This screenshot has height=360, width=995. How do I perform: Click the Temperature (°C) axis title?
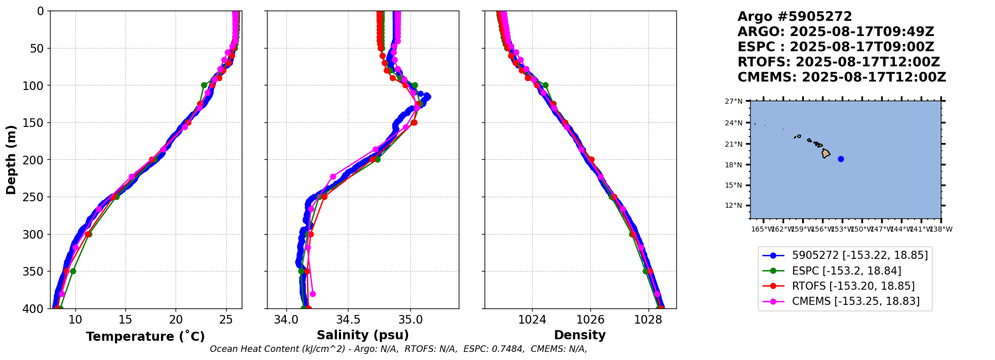pyautogui.click(x=145, y=337)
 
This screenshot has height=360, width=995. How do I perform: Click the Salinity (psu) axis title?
pyautogui.click(x=363, y=335)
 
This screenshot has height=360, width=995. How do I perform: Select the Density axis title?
pyautogui.click(x=580, y=335)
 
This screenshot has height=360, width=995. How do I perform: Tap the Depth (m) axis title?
pyautogui.click(x=11, y=160)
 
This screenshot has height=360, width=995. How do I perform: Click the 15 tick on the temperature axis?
pyautogui.click(x=125, y=320)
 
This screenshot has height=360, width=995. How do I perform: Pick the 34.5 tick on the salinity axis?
pyautogui.click(x=348, y=320)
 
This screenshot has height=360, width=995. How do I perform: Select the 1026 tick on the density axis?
pyautogui.click(x=590, y=320)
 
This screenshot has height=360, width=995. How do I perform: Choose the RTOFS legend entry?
pyautogui.click(x=853, y=286)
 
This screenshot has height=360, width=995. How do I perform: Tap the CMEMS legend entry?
pyautogui.click(x=855, y=301)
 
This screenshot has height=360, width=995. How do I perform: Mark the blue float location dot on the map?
pyautogui.click(x=841, y=159)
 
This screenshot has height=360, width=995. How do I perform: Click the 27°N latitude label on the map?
pyautogui.click(x=733, y=102)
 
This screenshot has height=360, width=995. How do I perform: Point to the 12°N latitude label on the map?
pyautogui.click(x=733, y=206)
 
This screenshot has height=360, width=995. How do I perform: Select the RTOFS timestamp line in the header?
pyautogui.click(x=838, y=62)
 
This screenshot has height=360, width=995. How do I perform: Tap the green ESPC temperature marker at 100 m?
pyautogui.click(x=204, y=85)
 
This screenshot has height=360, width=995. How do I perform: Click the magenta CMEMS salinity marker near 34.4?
pyautogui.click(x=333, y=177)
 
